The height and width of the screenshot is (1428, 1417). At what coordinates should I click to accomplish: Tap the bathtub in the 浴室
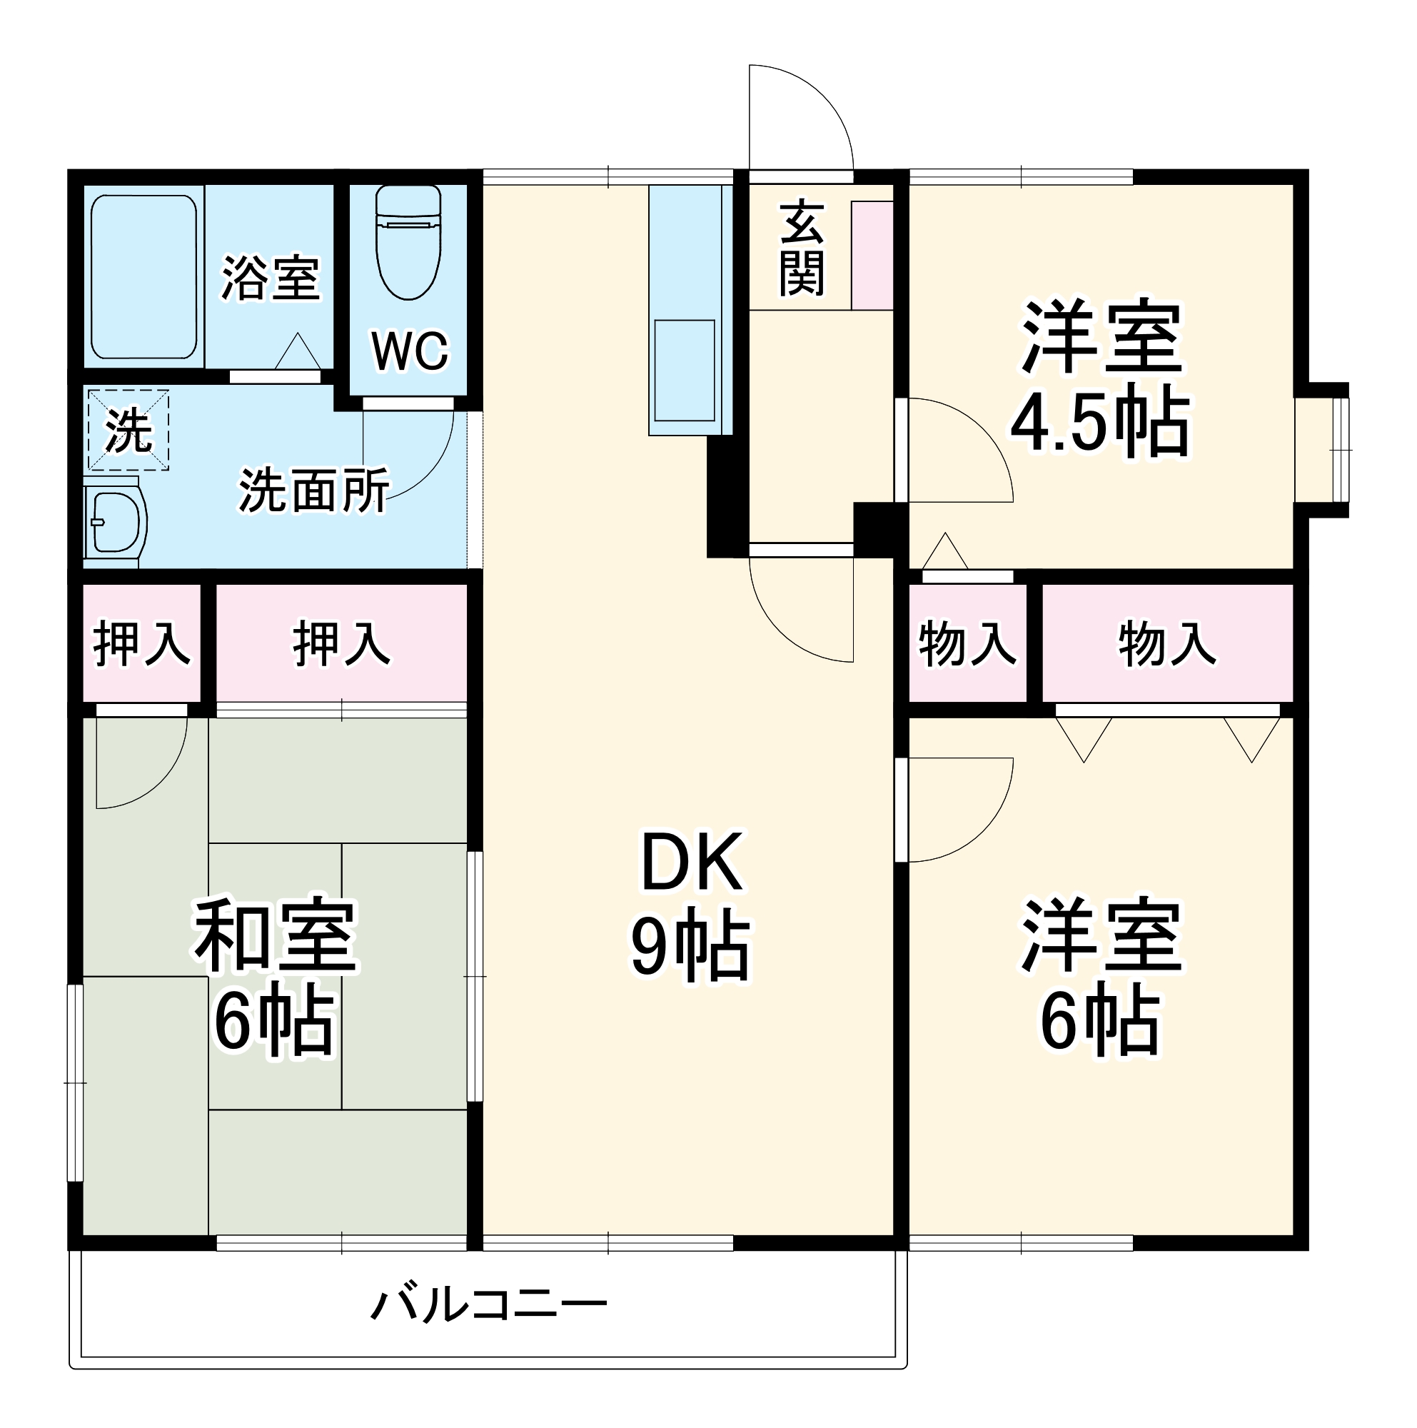point(143,276)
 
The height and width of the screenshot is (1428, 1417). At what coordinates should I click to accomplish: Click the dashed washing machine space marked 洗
point(128,429)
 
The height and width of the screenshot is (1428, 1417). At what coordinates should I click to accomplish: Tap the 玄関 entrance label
point(801,248)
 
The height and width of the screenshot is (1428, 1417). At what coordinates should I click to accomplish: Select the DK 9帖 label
point(691,905)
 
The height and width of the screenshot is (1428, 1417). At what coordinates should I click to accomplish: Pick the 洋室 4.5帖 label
point(1101,377)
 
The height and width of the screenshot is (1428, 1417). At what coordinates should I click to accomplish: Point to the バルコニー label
point(488,1305)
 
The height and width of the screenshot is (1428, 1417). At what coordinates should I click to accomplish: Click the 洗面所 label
point(313,490)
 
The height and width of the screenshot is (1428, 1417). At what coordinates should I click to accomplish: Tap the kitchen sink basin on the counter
point(684,370)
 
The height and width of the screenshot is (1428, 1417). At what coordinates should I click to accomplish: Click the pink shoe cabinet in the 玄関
point(872,255)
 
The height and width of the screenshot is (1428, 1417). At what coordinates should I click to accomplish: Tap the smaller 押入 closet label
point(142,644)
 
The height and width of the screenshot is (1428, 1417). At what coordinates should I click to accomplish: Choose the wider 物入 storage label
point(1166,644)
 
